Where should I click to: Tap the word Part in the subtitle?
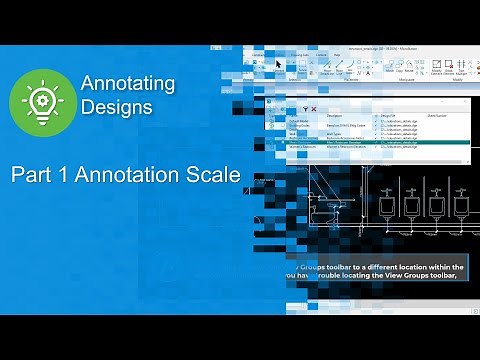(x=30, y=175)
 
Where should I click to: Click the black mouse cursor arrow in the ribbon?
(x=279, y=63)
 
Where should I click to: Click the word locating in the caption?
(x=367, y=278)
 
